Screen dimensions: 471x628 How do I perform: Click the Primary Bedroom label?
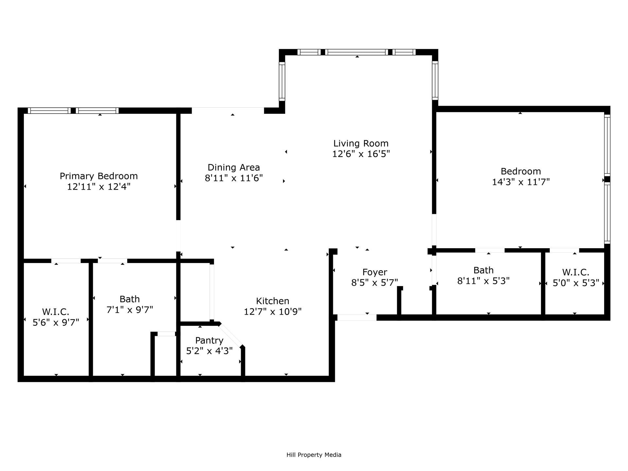(x=98, y=176)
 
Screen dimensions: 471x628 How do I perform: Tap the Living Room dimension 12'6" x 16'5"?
(x=361, y=154)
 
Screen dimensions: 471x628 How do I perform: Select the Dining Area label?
(x=234, y=167)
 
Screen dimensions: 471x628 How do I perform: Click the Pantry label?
(x=209, y=340)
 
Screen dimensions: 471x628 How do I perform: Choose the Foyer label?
(x=375, y=272)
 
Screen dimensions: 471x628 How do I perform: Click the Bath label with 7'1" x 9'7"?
(x=130, y=299)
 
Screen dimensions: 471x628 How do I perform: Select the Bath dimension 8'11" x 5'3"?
(x=483, y=281)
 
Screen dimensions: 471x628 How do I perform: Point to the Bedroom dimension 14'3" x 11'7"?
(x=521, y=182)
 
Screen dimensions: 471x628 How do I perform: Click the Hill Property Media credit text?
(x=314, y=455)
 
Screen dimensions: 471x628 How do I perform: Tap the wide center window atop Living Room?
(x=357, y=52)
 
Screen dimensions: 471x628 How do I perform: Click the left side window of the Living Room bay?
(x=282, y=81)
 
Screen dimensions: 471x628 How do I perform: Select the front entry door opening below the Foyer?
(x=357, y=317)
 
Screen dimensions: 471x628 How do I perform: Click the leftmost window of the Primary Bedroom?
(x=49, y=111)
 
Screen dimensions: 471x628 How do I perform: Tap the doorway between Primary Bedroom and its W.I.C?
(x=66, y=261)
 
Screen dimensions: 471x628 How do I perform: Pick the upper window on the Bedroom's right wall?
(x=607, y=145)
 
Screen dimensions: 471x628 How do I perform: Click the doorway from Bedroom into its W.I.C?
(x=564, y=251)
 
